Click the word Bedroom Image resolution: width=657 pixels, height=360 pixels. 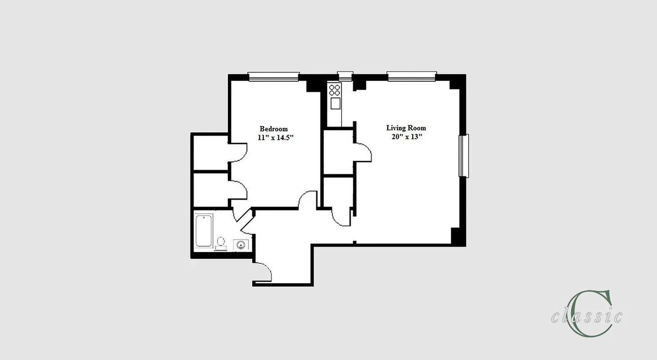[273, 129]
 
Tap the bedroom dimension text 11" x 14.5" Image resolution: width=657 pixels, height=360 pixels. [275, 138]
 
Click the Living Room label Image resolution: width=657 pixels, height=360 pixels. [406, 128]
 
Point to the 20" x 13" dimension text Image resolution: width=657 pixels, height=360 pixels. [406, 137]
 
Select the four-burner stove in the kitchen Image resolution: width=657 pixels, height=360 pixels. [335, 89]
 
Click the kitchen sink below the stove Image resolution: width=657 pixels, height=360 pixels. [335, 103]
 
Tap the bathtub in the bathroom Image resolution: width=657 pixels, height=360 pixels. [204, 230]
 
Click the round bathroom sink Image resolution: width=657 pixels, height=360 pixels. [240, 245]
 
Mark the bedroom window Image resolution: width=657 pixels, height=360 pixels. [274, 77]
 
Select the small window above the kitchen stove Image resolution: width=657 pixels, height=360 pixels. [345, 76]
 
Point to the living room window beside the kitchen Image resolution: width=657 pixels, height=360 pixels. [412, 76]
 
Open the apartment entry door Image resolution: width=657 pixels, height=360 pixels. [263, 272]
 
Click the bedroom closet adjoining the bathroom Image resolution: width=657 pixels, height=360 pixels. [210, 189]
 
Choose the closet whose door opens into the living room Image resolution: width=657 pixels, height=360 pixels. [338, 151]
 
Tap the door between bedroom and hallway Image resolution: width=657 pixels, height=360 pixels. [308, 199]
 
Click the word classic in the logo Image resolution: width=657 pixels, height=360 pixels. [586, 317]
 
